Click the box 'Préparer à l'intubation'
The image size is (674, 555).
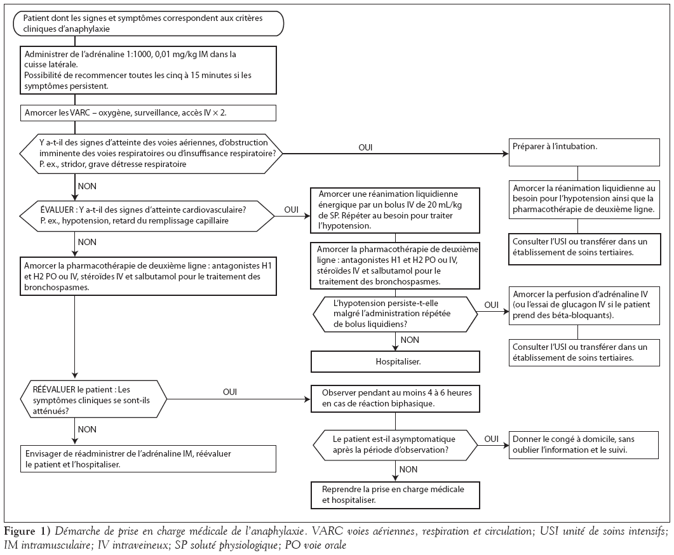pyautogui.click(x=584, y=152)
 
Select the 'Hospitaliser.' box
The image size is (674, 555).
pyautogui.click(x=395, y=362)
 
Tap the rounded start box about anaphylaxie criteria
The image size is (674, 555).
pyautogui.click(x=148, y=23)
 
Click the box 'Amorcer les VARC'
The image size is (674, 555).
pyautogui.click(x=148, y=113)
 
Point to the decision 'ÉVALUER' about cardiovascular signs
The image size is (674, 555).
pyautogui.click(x=147, y=216)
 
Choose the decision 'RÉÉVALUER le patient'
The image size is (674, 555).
pyautogui.click(x=93, y=400)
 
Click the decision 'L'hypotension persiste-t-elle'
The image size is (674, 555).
pyautogui.click(x=395, y=314)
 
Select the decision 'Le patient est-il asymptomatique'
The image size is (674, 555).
pyautogui.click(x=395, y=445)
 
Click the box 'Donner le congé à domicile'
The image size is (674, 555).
pyautogui.click(x=583, y=445)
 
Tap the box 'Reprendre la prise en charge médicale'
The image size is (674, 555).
pyautogui.click(x=395, y=495)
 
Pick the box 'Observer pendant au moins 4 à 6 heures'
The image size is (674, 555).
pyautogui.click(x=395, y=399)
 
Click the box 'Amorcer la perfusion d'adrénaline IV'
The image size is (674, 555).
pyautogui.click(x=584, y=305)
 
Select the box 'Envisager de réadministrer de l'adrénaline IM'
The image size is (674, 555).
pyautogui.click(x=148, y=458)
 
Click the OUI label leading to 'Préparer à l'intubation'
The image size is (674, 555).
pyautogui.click(x=365, y=147)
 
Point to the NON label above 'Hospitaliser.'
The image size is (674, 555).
pyautogui.click(x=410, y=340)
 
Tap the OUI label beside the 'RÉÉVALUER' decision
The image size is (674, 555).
pyautogui.click(x=230, y=392)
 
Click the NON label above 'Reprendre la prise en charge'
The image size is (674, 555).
pyautogui.click(x=408, y=469)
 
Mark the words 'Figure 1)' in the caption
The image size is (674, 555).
pyautogui.click(x=27, y=532)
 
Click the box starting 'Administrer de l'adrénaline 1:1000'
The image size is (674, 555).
pyautogui.click(x=148, y=70)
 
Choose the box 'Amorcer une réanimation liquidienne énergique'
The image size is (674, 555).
pyautogui.click(x=395, y=210)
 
